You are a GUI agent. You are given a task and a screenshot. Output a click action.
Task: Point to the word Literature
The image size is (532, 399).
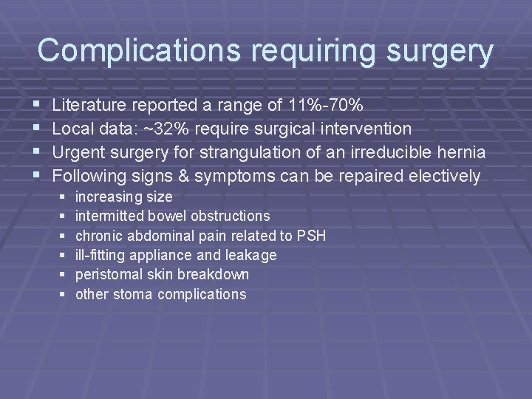tap(89, 105)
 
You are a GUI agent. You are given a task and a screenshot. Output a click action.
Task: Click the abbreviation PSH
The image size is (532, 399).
tap(310, 236)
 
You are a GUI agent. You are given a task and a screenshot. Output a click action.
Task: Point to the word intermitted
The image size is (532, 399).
tap(109, 216)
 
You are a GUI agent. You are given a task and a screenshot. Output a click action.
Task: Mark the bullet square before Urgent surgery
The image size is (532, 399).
tap(38, 153)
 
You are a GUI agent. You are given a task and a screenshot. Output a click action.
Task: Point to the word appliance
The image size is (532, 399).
tap(174, 256)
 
